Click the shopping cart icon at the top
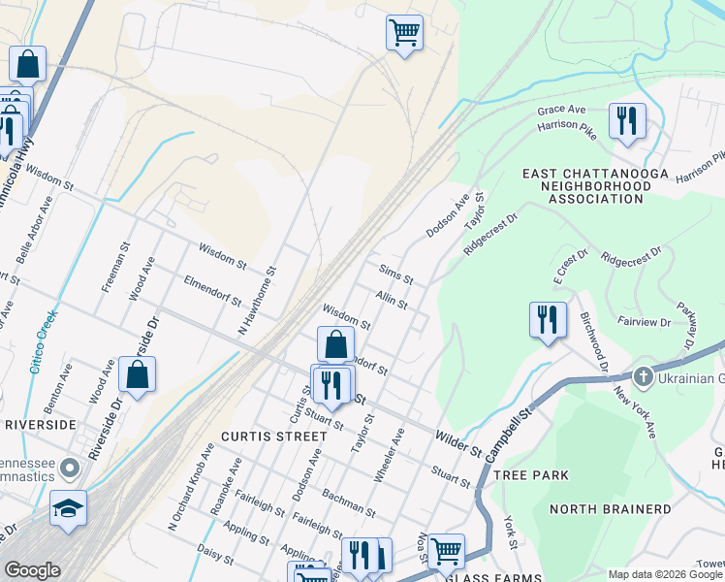pyautogui.click(x=404, y=32)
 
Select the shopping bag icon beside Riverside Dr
pyautogui.click(x=138, y=375)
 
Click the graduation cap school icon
pyautogui.click(x=68, y=508)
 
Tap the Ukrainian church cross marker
pyautogui.click(x=642, y=376)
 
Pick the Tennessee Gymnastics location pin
pyautogui.click(x=69, y=469)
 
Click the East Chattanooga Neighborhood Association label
pyautogui.click(x=582, y=185)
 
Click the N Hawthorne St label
pyautogui.click(x=259, y=304)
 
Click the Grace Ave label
pyautogui.click(x=562, y=109)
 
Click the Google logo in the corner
pyautogui.click(x=32, y=570)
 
